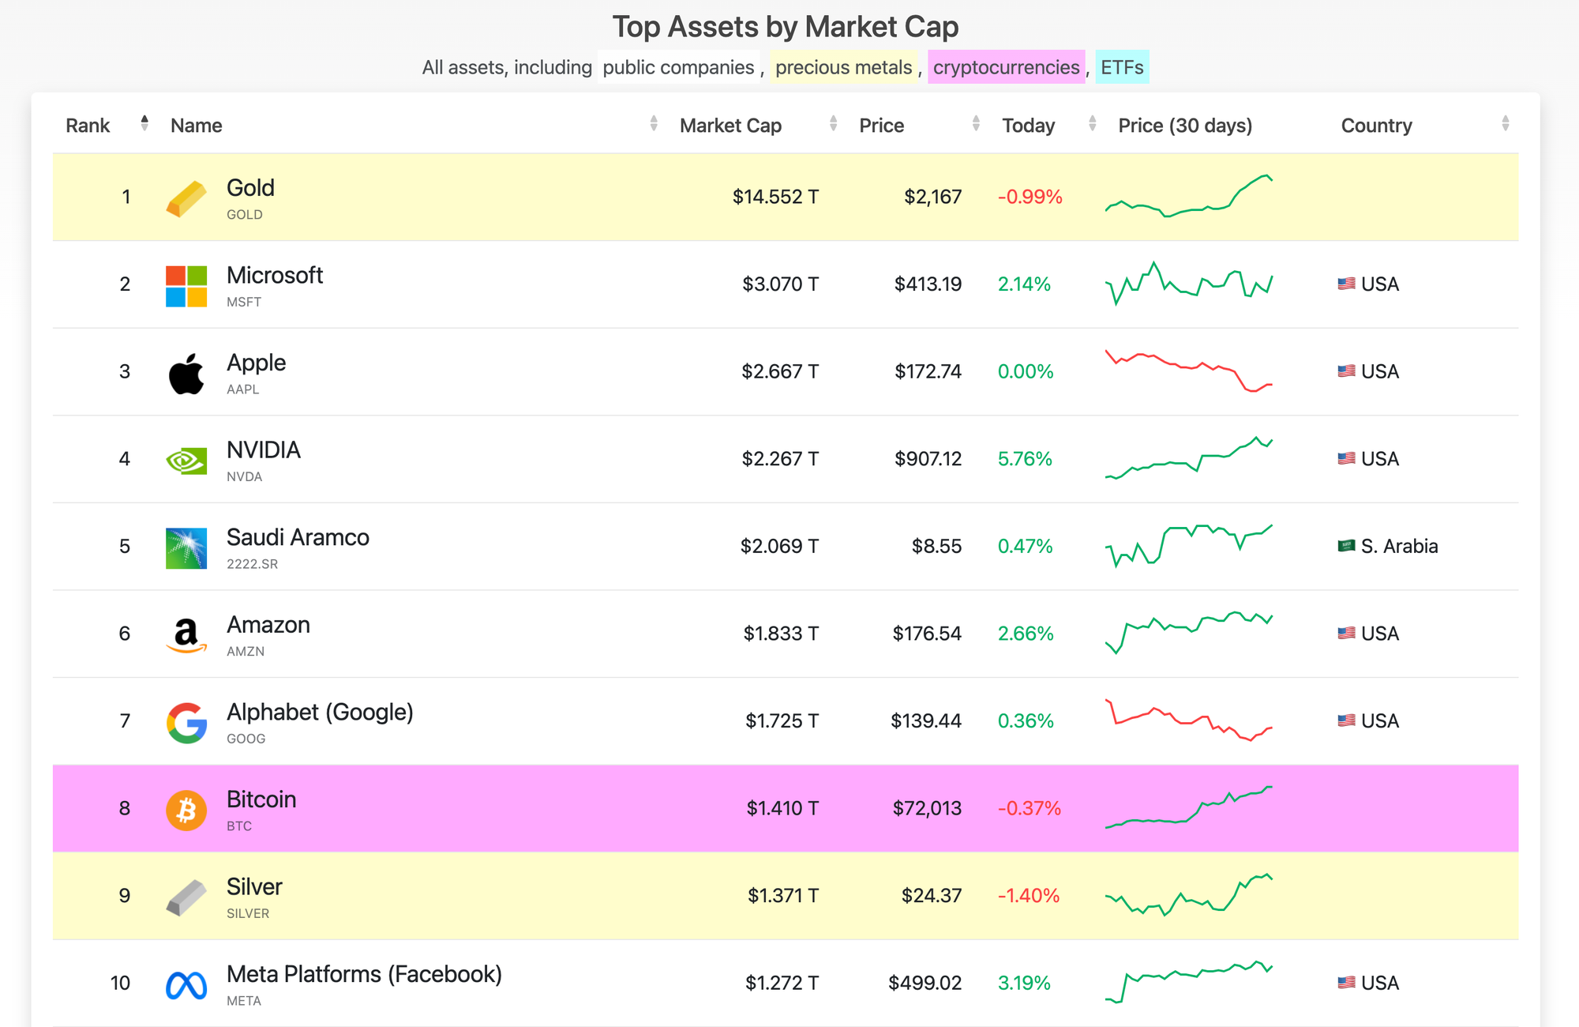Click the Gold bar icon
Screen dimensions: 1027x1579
tap(186, 197)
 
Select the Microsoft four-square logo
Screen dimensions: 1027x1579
tap(186, 285)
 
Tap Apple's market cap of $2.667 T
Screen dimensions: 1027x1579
tap(779, 371)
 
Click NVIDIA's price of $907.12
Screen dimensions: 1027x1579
tap(928, 459)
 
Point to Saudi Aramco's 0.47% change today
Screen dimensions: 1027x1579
tap(1025, 546)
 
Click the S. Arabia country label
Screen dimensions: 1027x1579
tap(1398, 546)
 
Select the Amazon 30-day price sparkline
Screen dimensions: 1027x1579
tap(1188, 631)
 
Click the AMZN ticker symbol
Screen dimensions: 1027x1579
tap(246, 651)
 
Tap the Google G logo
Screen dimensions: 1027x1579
tap(186, 722)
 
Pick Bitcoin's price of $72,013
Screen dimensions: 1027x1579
tap(927, 808)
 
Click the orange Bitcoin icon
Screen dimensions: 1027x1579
tap(186, 810)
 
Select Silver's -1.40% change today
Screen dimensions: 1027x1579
tap(1028, 895)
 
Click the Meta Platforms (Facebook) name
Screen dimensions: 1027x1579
tap(364, 974)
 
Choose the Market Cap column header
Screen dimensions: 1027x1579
tap(730, 126)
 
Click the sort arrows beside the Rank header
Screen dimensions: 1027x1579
tap(144, 123)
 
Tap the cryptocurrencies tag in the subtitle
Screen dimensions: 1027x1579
tap(1006, 67)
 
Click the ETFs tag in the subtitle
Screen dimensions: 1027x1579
tap(1122, 67)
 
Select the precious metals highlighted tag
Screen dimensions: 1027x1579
tap(843, 67)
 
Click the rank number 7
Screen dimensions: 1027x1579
tap(125, 720)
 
